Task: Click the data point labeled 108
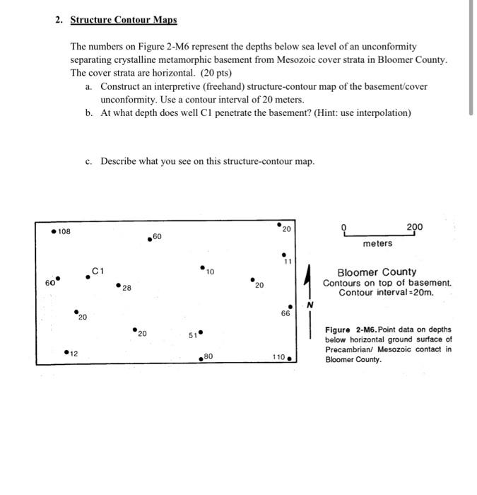point(53,232)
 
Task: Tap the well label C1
point(98,269)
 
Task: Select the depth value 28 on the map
point(126,289)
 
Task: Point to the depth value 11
point(288,261)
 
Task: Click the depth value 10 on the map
point(211,272)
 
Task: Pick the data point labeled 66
point(285,313)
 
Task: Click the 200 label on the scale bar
point(414,227)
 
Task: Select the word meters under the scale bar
point(378,243)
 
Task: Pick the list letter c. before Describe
point(88,161)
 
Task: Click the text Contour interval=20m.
point(387,293)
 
